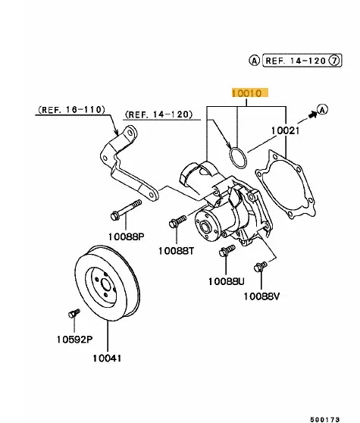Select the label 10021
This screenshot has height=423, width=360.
[285, 131]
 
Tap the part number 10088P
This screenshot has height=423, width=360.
[127, 237]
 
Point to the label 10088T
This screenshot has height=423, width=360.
[176, 251]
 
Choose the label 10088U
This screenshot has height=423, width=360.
[227, 281]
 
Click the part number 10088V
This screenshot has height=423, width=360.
[261, 296]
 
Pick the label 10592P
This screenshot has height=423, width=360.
[75, 339]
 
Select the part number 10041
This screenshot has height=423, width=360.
[107, 359]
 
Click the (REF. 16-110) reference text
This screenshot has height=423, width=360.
[71, 109]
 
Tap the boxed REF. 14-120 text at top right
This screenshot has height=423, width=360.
[296, 61]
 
